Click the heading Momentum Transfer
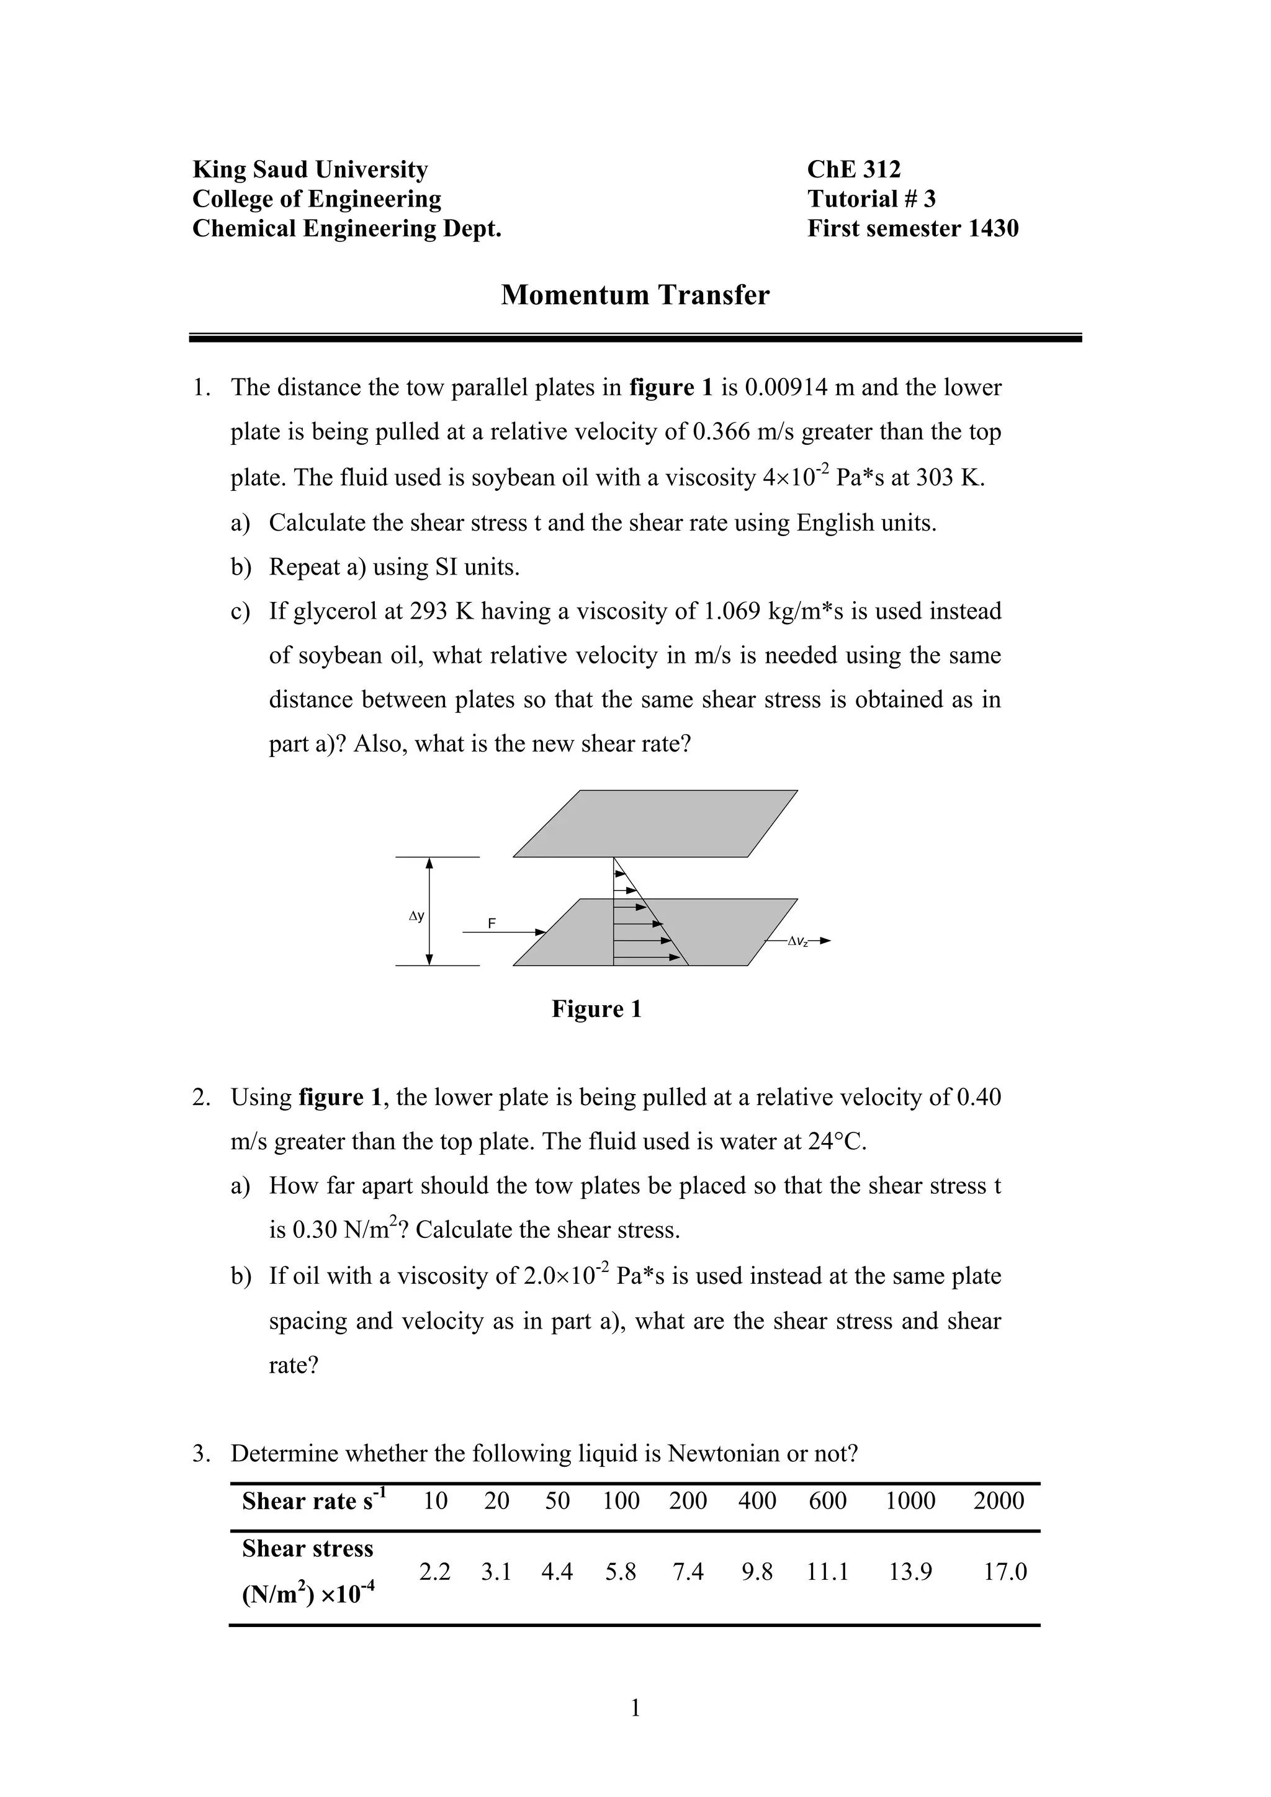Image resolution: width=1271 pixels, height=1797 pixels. (x=635, y=295)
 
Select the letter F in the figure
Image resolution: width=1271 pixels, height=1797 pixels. (x=492, y=923)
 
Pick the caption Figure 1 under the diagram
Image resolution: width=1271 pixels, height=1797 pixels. (x=596, y=1009)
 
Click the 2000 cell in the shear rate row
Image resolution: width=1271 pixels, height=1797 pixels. (x=999, y=1500)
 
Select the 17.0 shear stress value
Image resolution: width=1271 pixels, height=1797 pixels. (x=1005, y=1572)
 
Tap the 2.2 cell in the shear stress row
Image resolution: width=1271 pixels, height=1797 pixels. (x=434, y=1572)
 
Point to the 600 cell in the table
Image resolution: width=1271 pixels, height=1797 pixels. (x=827, y=1500)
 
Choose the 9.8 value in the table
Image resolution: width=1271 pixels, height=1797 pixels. (x=757, y=1572)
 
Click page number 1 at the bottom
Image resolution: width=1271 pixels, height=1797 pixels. (x=635, y=1708)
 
